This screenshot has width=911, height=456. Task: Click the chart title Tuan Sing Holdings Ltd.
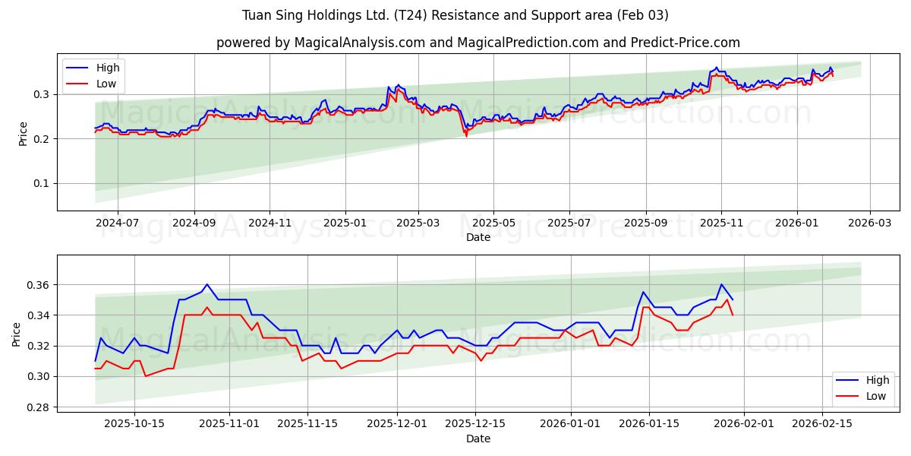tap(455, 15)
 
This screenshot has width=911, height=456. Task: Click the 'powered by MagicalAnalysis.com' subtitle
tap(478, 43)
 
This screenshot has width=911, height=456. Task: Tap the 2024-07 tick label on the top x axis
tap(118, 223)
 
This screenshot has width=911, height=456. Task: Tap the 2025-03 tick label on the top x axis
tap(418, 223)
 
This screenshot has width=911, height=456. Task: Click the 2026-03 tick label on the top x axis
tap(869, 223)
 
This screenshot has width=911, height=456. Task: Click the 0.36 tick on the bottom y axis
tap(39, 285)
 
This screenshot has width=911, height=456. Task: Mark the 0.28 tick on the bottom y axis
tap(39, 407)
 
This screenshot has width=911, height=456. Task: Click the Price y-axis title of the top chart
tap(23, 133)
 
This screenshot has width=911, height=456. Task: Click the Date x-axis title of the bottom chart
tap(478, 439)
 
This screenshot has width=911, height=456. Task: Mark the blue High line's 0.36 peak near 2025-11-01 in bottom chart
tap(206, 284)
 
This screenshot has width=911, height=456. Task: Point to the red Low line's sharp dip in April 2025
tap(466, 136)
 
